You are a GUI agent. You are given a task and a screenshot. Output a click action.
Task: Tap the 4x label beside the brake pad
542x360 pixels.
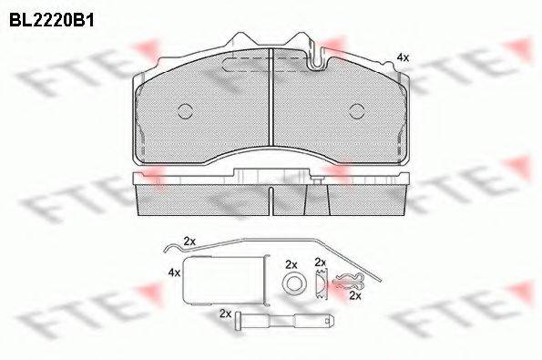402,57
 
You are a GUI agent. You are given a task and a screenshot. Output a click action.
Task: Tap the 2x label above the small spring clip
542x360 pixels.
320,262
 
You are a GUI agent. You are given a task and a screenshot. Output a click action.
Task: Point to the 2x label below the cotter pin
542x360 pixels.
356,296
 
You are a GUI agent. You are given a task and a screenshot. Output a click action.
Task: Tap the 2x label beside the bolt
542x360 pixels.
225,312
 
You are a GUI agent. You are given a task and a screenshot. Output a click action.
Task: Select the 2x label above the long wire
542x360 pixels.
189,241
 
